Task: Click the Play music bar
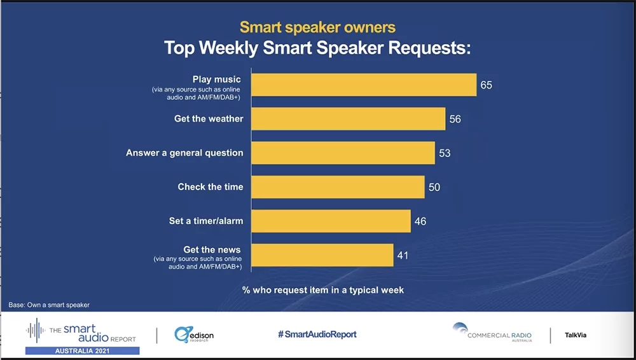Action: (x=364, y=85)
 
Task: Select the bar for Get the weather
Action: (x=348, y=119)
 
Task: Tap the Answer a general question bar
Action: (x=343, y=153)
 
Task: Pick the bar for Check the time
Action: (x=338, y=187)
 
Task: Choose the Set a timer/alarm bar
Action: (x=331, y=221)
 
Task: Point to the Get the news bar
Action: (x=322, y=255)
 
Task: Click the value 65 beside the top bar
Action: (x=487, y=85)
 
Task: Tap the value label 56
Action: (x=455, y=119)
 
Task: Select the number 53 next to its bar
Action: (x=445, y=153)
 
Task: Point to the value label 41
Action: (x=402, y=256)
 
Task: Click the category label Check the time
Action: (x=211, y=187)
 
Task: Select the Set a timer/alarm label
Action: (x=206, y=221)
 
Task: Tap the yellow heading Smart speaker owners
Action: (x=317, y=27)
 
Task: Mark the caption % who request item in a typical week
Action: (x=323, y=290)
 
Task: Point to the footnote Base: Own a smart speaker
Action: (x=50, y=305)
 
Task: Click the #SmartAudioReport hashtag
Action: (x=317, y=335)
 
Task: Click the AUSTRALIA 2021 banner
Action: (x=82, y=350)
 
